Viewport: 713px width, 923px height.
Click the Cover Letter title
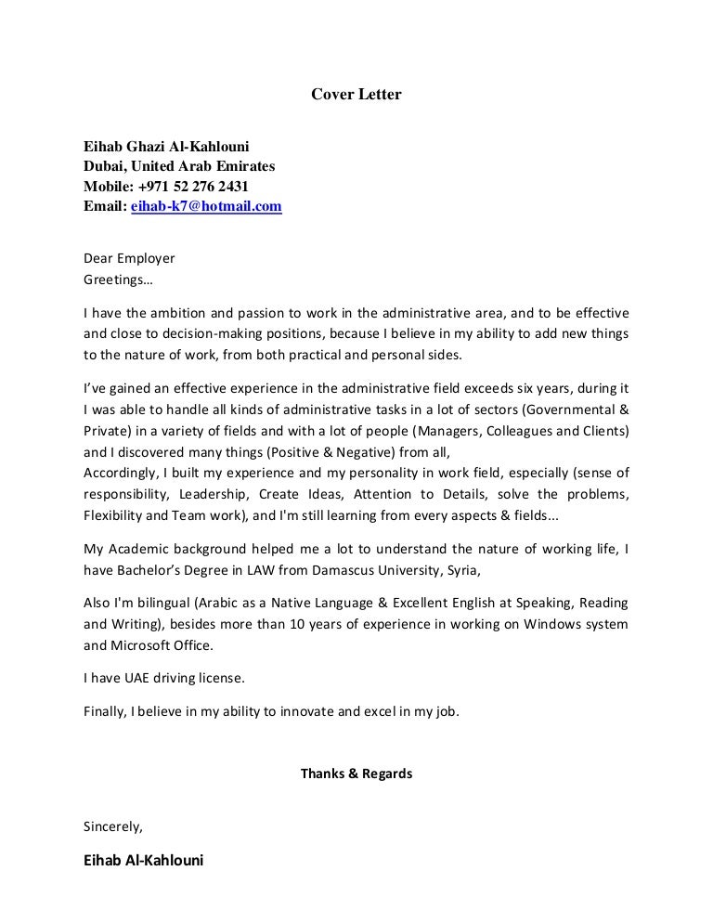[356, 94]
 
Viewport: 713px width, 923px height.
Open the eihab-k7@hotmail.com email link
[206, 207]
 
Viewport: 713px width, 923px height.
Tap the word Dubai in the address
[104, 166]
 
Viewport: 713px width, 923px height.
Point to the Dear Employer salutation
[129, 258]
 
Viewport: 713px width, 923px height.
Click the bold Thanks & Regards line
[356, 773]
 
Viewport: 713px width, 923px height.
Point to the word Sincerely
[113, 825]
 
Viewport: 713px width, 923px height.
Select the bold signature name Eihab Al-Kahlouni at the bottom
[143, 860]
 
